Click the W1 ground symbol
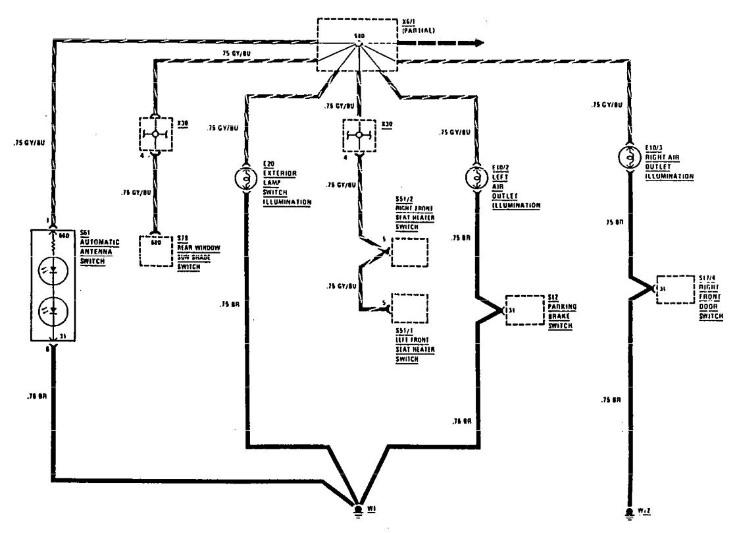click(358, 510)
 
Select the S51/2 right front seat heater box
click(409, 252)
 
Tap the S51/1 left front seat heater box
click(409, 308)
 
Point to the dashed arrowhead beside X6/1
click(479, 43)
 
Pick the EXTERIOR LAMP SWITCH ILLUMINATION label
click(286, 187)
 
